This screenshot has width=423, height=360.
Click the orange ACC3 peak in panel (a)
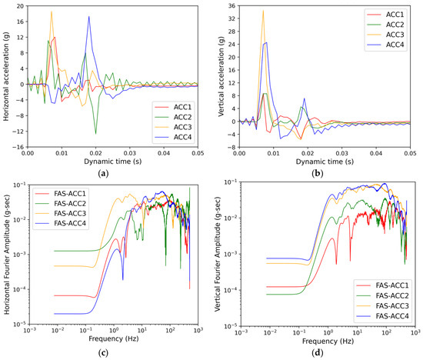tap(52, 12)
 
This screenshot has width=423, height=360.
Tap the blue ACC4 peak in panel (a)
tap(88, 16)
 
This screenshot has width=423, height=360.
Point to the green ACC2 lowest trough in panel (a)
tap(96, 134)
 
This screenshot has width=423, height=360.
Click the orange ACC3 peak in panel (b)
tap(263, 11)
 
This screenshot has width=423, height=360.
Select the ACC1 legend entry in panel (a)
tap(173, 107)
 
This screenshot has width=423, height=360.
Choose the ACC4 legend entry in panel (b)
tap(386, 45)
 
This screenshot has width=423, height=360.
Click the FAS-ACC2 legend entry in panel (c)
tap(61, 204)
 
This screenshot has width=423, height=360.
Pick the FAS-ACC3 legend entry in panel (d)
tap(382, 305)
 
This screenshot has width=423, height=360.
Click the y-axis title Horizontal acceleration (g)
tap(6, 76)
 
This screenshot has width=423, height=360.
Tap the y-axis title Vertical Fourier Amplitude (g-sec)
tap(218, 254)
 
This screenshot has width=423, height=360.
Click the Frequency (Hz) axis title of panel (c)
tap(114, 338)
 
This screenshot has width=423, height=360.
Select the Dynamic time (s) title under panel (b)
tap(325, 162)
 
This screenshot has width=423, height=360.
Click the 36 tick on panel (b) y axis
tap(232, 5)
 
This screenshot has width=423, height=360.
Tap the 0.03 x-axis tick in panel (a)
tap(130, 153)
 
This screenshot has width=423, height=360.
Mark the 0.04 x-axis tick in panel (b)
tap(376, 153)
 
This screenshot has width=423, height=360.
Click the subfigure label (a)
tap(104, 173)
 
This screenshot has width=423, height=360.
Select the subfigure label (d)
tap(317, 353)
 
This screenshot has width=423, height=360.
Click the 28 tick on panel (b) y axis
tap(232, 32)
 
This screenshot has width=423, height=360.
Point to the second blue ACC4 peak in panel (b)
tap(305, 98)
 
